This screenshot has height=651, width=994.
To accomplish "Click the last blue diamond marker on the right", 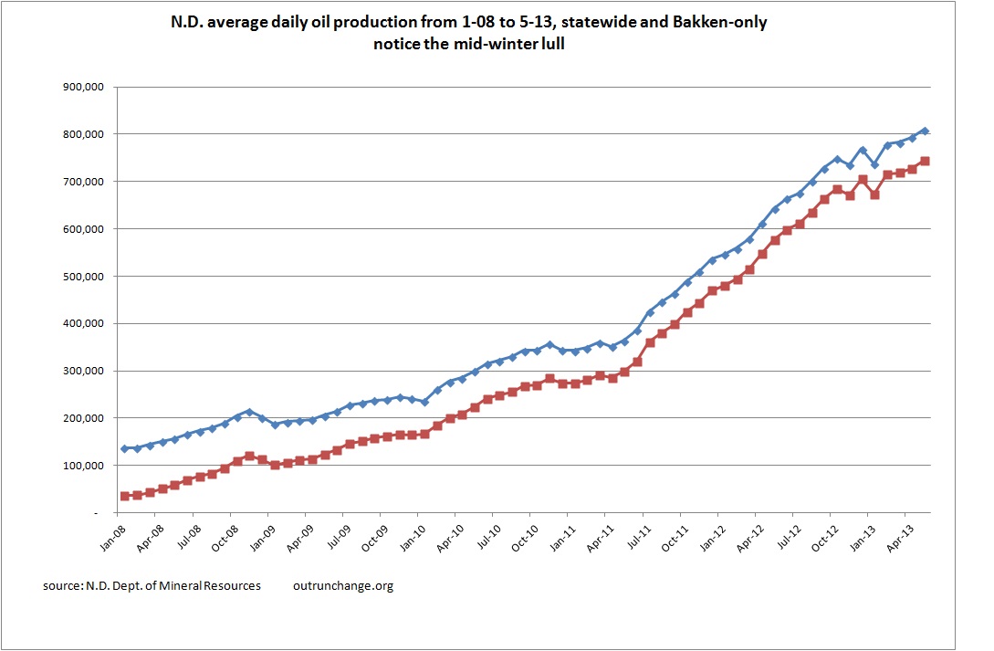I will (x=925, y=131).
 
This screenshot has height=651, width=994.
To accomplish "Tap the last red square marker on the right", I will (x=925, y=161).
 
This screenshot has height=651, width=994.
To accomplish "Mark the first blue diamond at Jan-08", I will (x=124, y=448).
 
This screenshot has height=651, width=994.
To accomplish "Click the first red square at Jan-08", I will (x=124, y=496).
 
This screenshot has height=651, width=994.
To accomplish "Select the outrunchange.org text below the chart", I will (x=344, y=585).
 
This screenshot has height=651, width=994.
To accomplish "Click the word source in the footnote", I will (x=62, y=585).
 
